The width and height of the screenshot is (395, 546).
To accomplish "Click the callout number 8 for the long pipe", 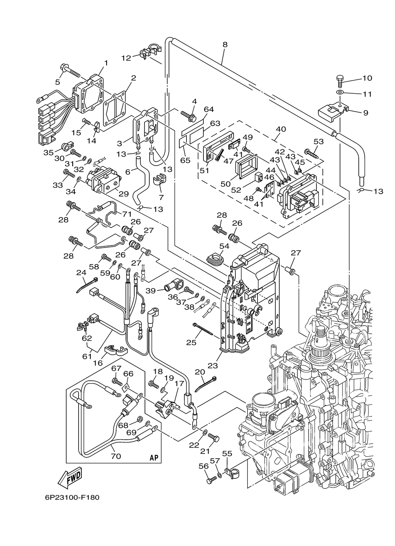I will tap(225, 45).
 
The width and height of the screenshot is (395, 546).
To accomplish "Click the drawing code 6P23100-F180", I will tap(69, 497).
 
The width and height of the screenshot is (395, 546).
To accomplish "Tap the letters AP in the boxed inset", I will tap(154, 458).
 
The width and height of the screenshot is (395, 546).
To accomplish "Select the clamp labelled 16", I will tap(115, 350).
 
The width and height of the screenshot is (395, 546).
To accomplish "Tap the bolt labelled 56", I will tap(211, 479).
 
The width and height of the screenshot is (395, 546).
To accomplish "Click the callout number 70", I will tap(116, 456).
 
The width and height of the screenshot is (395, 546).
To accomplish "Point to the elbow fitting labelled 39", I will tap(173, 284).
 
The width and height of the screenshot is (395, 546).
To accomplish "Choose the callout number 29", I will tap(123, 194).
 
